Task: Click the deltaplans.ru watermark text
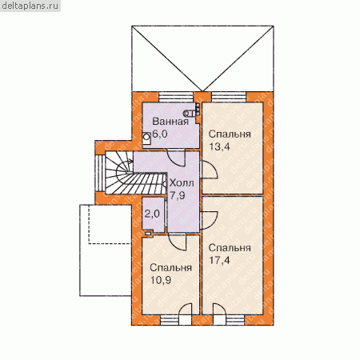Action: (30, 6)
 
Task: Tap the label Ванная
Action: (170, 122)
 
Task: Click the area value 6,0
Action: (160, 134)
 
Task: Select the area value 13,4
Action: (219, 146)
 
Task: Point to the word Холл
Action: (182, 183)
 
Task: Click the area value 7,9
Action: (178, 195)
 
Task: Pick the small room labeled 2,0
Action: (153, 214)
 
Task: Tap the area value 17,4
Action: (219, 260)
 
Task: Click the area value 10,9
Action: (160, 280)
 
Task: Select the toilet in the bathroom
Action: (190, 113)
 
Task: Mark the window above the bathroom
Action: (176, 97)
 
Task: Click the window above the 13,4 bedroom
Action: (229, 97)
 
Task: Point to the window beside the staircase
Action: (101, 173)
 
